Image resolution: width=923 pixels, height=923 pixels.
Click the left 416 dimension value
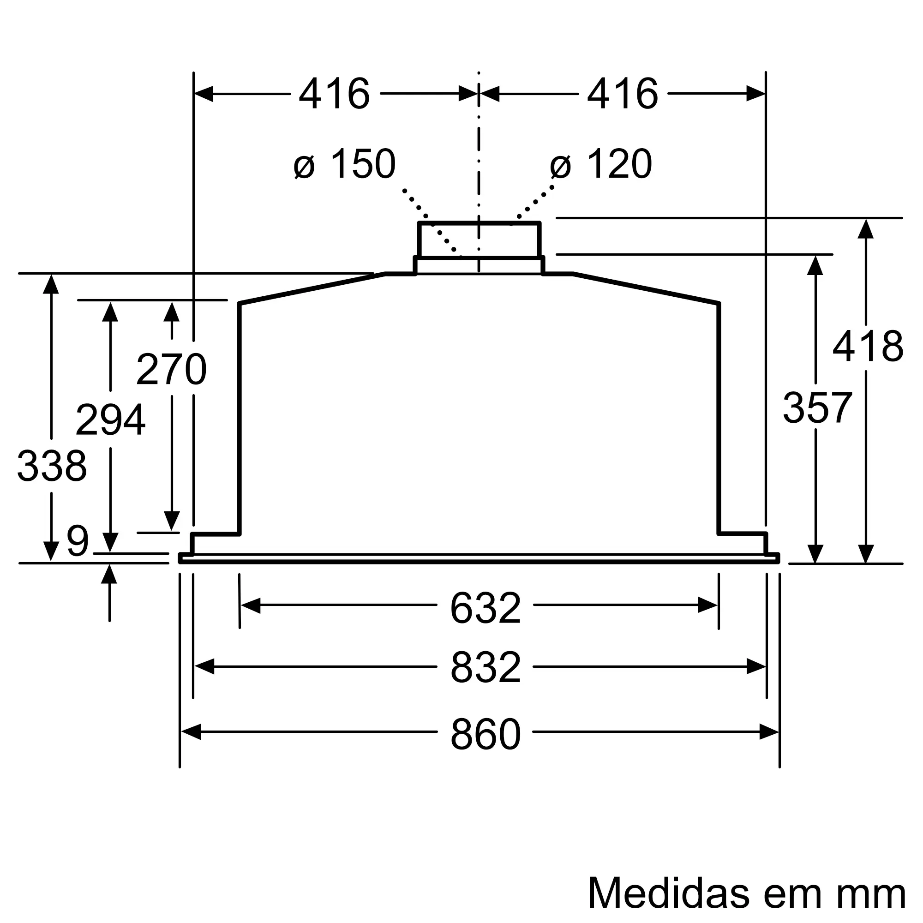click(x=335, y=94)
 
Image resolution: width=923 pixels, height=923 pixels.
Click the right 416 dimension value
click(x=623, y=94)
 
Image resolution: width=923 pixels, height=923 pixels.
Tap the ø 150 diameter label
click(x=345, y=164)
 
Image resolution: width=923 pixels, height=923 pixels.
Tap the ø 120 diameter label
click(x=601, y=164)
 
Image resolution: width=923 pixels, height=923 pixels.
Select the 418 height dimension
click(x=868, y=347)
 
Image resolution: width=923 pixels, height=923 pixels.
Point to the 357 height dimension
click(x=817, y=408)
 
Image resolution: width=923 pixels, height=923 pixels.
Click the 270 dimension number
click(x=172, y=369)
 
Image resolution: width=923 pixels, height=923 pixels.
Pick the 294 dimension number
click(x=110, y=420)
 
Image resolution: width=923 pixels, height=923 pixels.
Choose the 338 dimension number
click(x=52, y=466)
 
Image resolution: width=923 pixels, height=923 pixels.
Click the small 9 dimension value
click(x=78, y=541)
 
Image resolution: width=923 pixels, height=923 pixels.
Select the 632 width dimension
click(x=485, y=608)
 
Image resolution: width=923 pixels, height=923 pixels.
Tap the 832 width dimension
click(x=485, y=667)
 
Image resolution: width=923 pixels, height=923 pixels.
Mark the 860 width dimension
click(x=485, y=734)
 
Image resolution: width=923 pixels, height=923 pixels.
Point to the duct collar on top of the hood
click(x=479, y=240)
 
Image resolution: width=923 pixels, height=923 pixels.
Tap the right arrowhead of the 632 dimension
click(x=707, y=605)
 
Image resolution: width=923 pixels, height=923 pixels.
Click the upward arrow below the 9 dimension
click(x=109, y=574)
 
